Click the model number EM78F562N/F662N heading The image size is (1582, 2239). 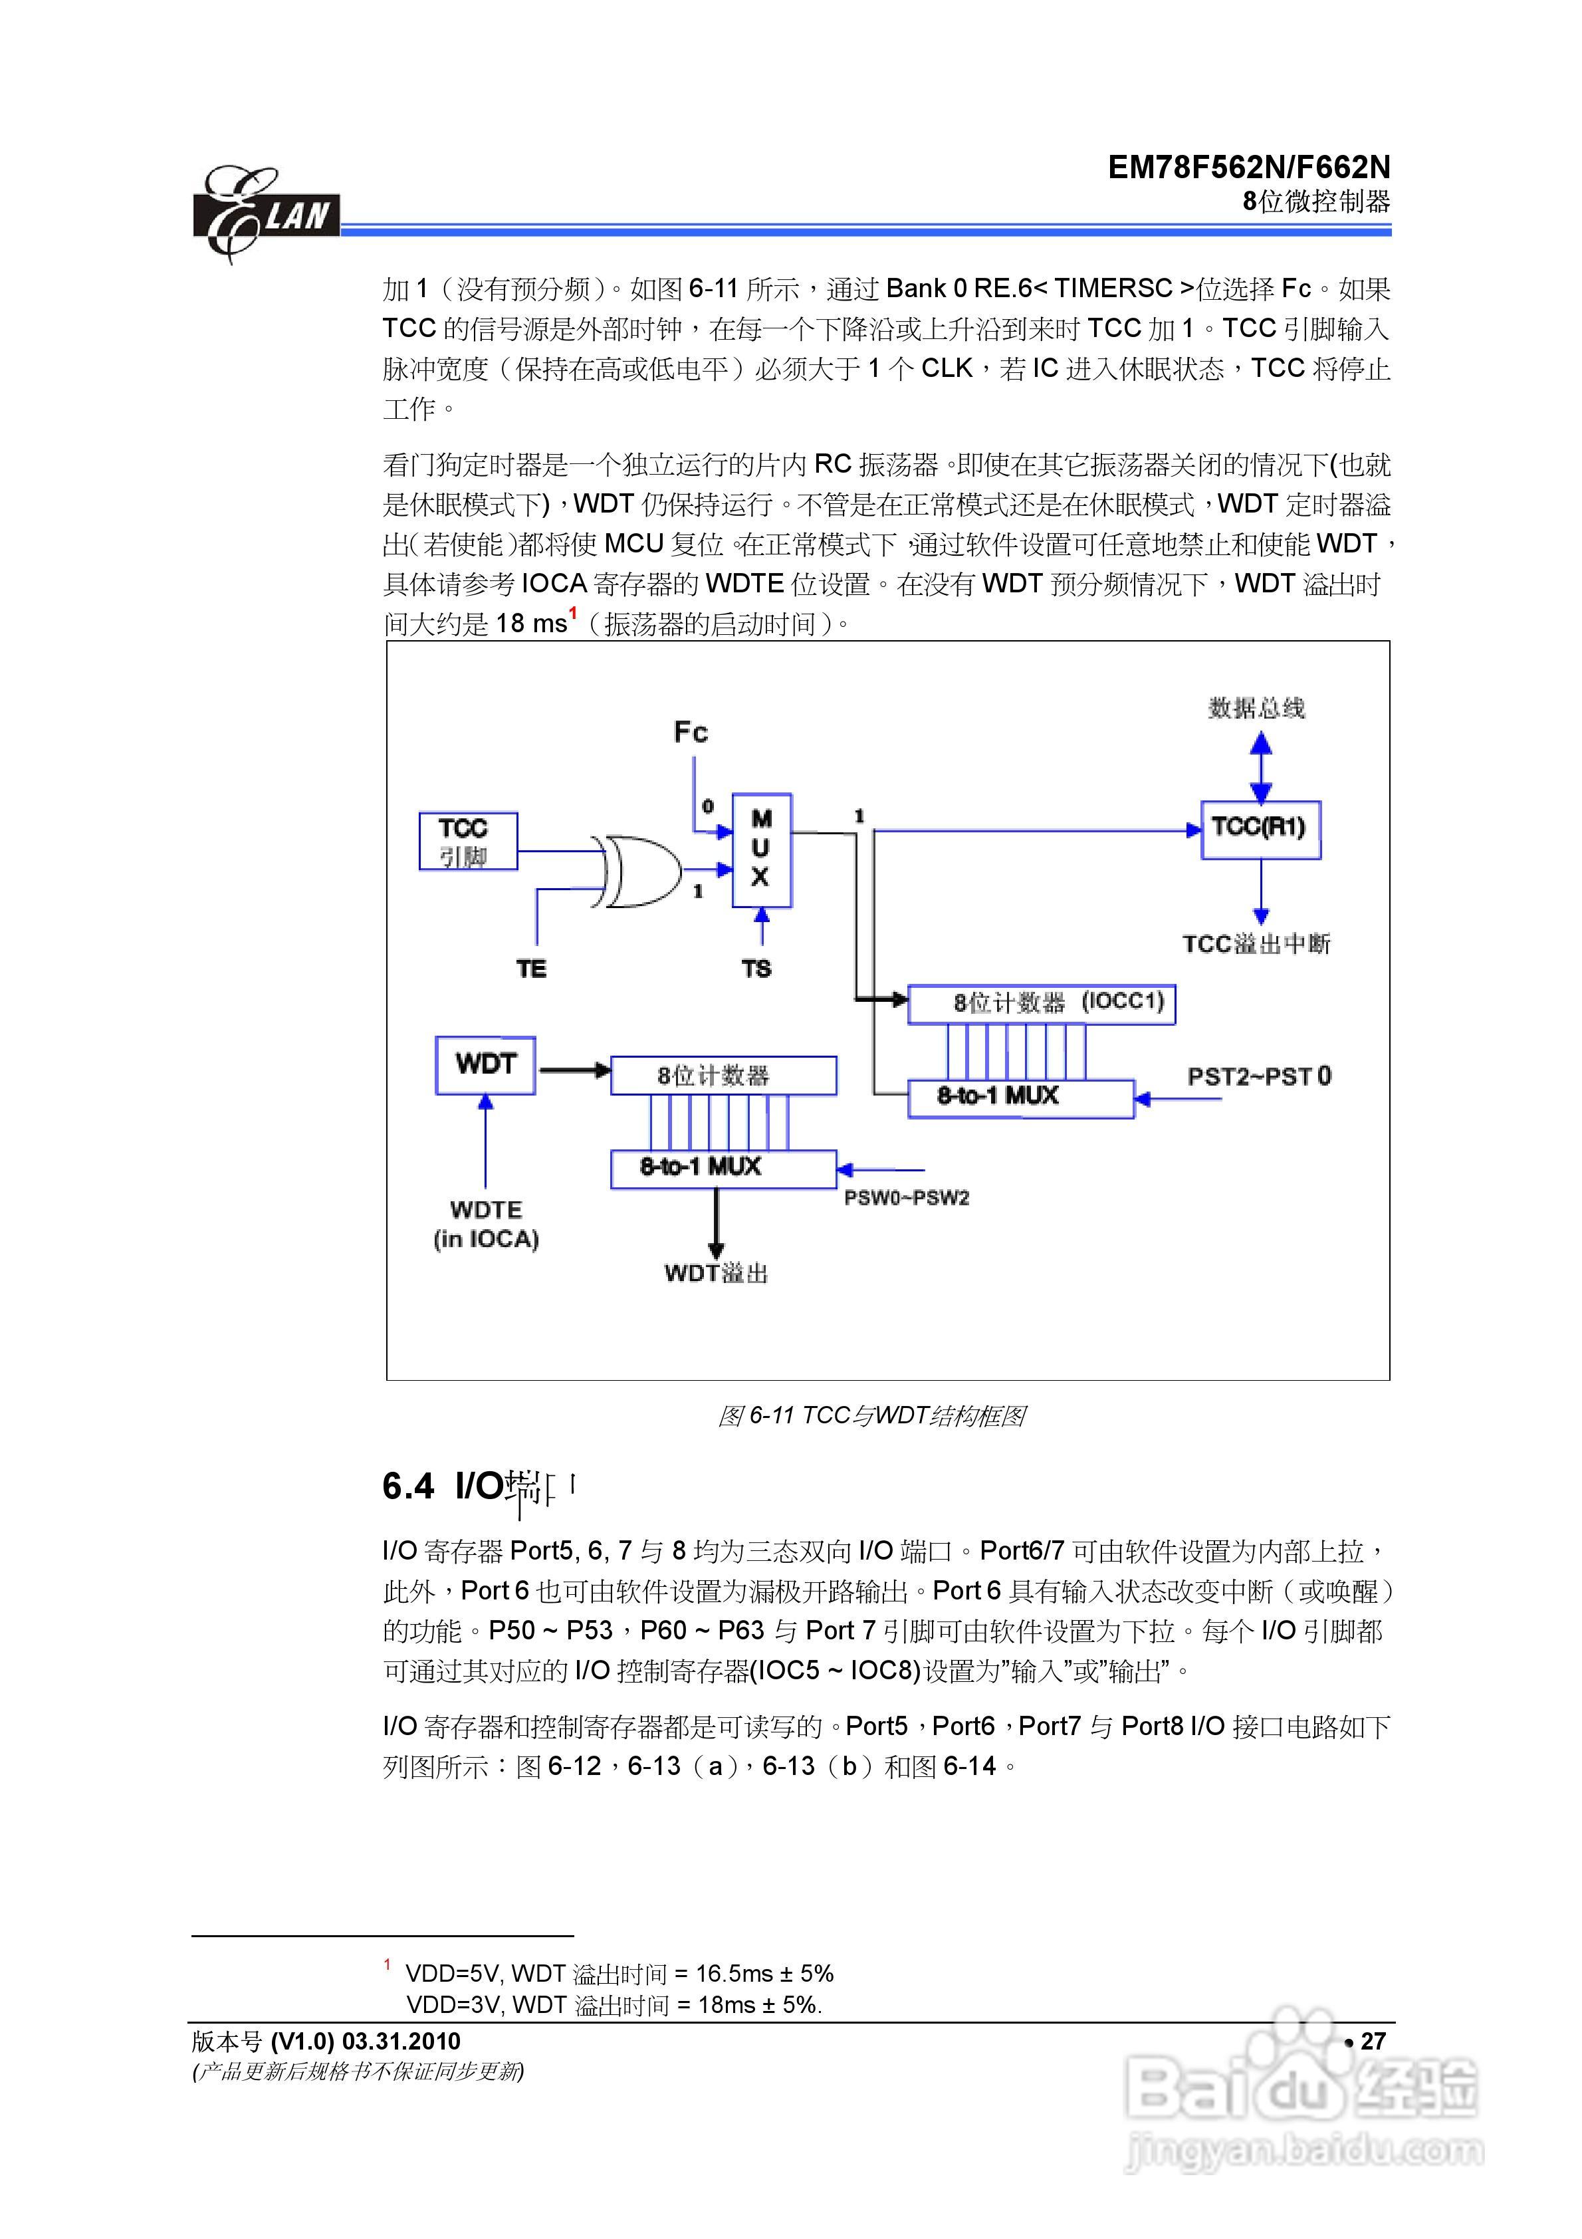pyautogui.click(x=1248, y=168)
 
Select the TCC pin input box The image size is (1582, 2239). pyautogui.click(x=467, y=840)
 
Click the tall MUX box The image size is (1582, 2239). pyautogui.click(x=761, y=850)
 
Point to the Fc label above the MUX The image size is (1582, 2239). pyautogui.click(x=691, y=733)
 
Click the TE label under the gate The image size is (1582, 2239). pyautogui.click(x=532, y=969)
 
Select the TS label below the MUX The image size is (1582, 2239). pyautogui.click(x=757, y=969)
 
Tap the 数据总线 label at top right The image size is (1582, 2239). pyautogui.click(x=1256, y=708)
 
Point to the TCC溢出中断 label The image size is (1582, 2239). pyautogui.click(x=1256, y=944)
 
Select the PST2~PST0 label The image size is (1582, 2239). pyautogui.click(x=1258, y=1076)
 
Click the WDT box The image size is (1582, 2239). pyautogui.click(x=485, y=1065)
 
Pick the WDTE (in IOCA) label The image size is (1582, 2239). pyautogui.click(x=486, y=1224)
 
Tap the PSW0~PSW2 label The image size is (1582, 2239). pyautogui.click(x=906, y=1197)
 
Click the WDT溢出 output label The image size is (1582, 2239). pyautogui.click(x=716, y=1272)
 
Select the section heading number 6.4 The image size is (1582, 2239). pyautogui.click(x=407, y=1487)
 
